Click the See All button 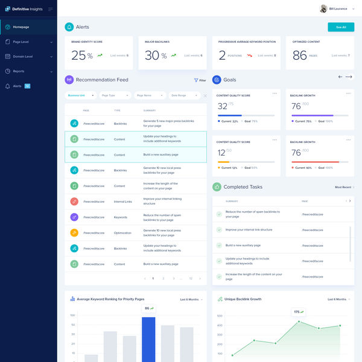(x=341, y=27)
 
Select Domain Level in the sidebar (x=22, y=56)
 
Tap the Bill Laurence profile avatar (x=324, y=8)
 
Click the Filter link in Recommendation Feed (x=200, y=80)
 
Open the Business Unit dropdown (x=80, y=95)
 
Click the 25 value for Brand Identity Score (x=78, y=56)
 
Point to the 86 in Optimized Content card (x=300, y=56)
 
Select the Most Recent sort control (x=344, y=187)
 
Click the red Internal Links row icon (x=74, y=201)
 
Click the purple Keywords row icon (x=74, y=217)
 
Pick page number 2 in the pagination (x=163, y=279)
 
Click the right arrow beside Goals (x=349, y=77)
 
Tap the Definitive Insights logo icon (x=7, y=9)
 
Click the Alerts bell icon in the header (x=69, y=27)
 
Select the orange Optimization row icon (x=74, y=232)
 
